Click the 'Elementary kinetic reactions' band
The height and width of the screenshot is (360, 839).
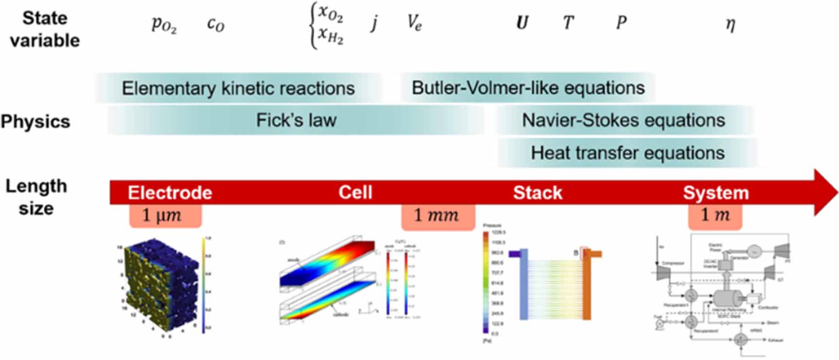coord(238,89)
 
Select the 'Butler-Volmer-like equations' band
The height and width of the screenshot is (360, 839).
coord(528,88)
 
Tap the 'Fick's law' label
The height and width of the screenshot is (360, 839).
coord(296,120)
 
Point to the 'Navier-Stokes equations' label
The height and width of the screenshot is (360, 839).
coord(623,120)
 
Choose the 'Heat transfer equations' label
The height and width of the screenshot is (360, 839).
coord(627,153)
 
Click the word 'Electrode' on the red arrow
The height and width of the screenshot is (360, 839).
coord(170,193)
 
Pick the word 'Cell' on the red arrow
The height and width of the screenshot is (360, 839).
coord(355,192)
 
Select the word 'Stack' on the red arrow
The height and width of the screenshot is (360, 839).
coord(537,193)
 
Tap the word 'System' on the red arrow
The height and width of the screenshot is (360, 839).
coord(715,193)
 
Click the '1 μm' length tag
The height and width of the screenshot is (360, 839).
coord(165,216)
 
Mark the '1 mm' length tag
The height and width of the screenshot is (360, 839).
coord(437,216)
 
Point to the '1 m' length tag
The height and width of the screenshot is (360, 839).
coord(714,216)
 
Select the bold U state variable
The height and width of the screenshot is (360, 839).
coord(522,23)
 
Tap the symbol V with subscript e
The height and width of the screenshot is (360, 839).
coord(414,23)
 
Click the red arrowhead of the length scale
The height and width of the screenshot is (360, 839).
coord(825,193)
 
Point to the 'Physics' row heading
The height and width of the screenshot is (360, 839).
coord(36,121)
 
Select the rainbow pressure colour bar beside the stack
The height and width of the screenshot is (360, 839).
coord(485,282)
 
